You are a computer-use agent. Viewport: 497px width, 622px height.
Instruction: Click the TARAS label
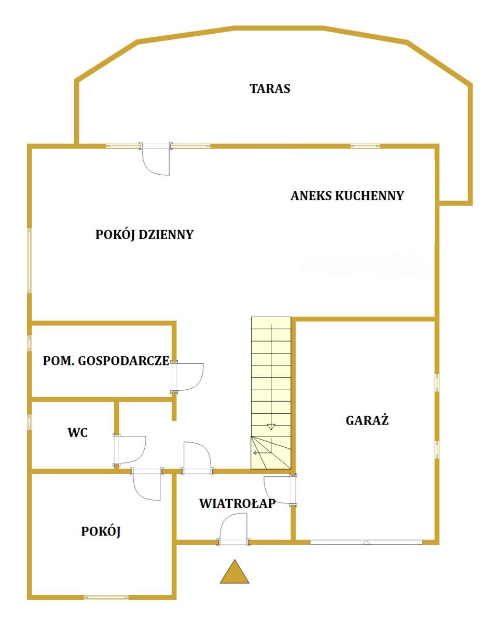[x=270, y=89]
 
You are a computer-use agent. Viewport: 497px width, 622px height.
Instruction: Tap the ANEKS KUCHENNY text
[x=347, y=196]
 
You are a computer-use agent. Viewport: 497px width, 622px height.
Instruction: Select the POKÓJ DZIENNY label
[x=144, y=235]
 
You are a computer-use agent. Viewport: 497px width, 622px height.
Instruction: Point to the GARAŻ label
[x=367, y=420]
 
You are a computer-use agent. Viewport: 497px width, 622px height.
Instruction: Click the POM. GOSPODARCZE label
[x=106, y=361]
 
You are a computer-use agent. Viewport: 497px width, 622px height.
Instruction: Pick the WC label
[x=77, y=433]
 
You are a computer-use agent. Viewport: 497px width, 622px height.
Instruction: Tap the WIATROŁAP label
[x=238, y=503]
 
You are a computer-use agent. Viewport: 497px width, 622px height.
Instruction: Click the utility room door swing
[x=188, y=377]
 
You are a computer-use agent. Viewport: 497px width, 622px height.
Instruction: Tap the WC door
[x=130, y=450]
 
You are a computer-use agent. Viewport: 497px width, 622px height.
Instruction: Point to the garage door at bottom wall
[x=366, y=542]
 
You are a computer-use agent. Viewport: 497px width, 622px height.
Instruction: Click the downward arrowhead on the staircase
[x=271, y=427]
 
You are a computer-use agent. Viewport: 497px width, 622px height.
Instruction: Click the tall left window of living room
[x=30, y=261]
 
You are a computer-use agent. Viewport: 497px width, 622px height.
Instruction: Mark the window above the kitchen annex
[x=365, y=146]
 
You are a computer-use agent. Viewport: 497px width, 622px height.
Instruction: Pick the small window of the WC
[x=30, y=422]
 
